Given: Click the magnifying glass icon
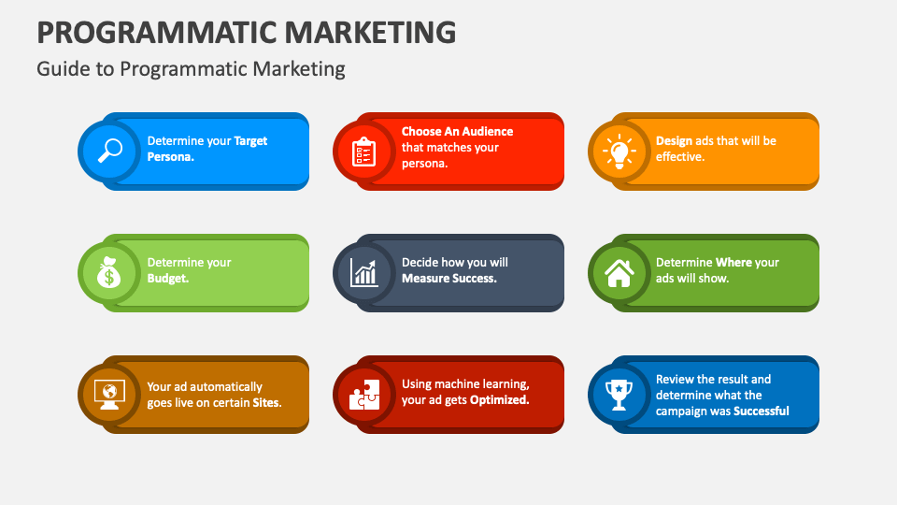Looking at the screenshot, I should click(110, 151).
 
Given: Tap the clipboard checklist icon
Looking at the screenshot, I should click(364, 151).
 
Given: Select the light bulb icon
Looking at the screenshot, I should click(619, 151).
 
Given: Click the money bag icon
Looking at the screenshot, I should click(110, 272).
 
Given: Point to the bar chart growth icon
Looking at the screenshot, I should click(364, 272).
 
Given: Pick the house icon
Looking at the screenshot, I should click(619, 272).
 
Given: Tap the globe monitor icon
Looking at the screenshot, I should click(110, 394).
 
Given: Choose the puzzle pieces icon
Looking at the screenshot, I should click(364, 394).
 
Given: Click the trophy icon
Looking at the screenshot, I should click(619, 394).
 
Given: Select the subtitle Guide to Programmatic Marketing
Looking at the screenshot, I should click(191, 69).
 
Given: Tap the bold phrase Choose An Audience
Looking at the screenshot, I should click(457, 132).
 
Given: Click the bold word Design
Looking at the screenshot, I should click(674, 141).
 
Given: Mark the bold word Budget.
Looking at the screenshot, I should click(168, 279).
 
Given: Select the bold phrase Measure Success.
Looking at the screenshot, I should click(448, 279).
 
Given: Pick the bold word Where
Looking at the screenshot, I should click(733, 263).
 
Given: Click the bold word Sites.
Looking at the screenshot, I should click(267, 403).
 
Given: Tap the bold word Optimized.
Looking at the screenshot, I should click(499, 400).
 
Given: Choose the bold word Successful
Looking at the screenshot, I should click(761, 411).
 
